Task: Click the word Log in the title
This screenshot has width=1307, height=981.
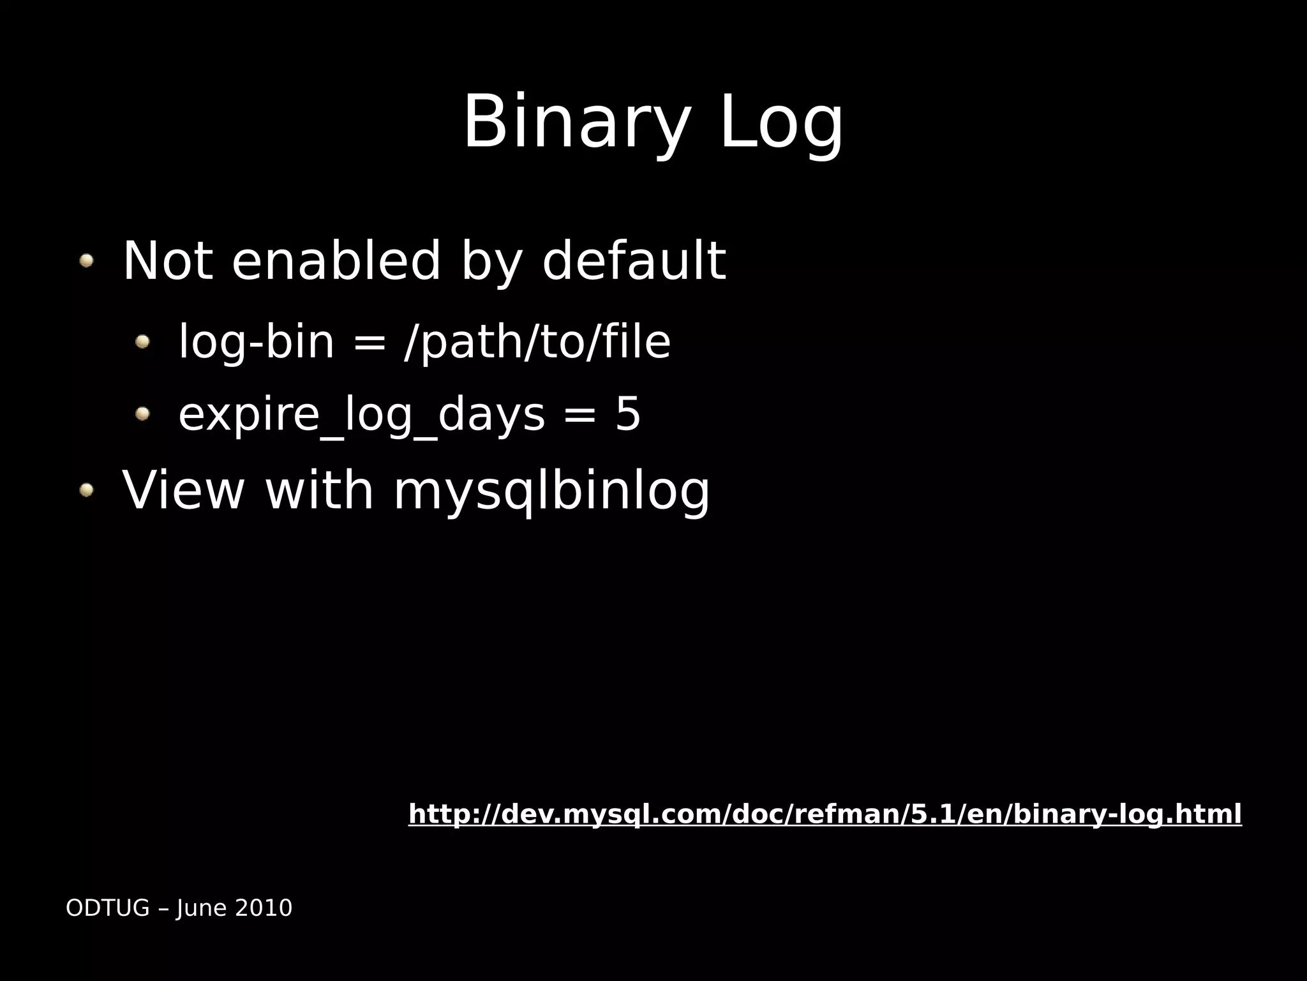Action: click(x=781, y=123)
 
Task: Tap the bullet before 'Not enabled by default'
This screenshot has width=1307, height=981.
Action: click(x=86, y=260)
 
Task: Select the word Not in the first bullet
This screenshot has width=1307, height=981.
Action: click(x=167, y=260)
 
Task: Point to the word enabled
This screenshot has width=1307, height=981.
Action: click(x=336, y=260)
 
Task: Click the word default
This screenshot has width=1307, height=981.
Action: click(x=633, y=260)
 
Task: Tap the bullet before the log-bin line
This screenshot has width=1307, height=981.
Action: click(x=142, y=342)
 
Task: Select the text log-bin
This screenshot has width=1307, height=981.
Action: click(x=257, y=342)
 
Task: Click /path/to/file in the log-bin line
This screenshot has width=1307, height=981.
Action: click(x=537, y=342)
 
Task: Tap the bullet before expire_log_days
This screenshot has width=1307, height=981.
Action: click(x=142, y=414)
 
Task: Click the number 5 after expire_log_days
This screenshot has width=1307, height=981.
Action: click(x=627, y=414)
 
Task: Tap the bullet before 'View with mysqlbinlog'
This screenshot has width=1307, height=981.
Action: click(x=86, y=490)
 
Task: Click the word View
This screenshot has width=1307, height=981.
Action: click(x=184, y=490)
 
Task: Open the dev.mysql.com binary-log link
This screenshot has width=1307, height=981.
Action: click(x=825, y=814)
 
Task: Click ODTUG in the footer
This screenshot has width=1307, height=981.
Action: click(x=108, y=908)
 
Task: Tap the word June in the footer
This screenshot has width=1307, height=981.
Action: click(x=197, y=908)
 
